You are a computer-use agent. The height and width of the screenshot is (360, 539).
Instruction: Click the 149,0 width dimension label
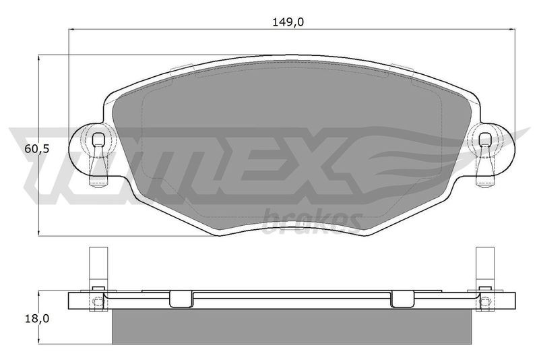(288, 22)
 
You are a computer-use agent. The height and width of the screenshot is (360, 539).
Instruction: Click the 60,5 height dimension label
(38, 149)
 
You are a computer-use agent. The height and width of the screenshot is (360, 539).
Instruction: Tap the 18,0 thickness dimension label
(37, 319)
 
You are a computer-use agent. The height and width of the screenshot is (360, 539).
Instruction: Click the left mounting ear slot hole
(98, 139)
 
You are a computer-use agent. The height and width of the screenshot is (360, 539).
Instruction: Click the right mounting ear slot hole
(484, 139)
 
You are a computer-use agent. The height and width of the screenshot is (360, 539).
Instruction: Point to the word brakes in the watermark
(312, 220)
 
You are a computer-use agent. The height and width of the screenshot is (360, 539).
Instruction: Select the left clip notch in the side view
(181, 299)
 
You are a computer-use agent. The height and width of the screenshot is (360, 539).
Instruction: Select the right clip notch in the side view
(402, 299)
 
